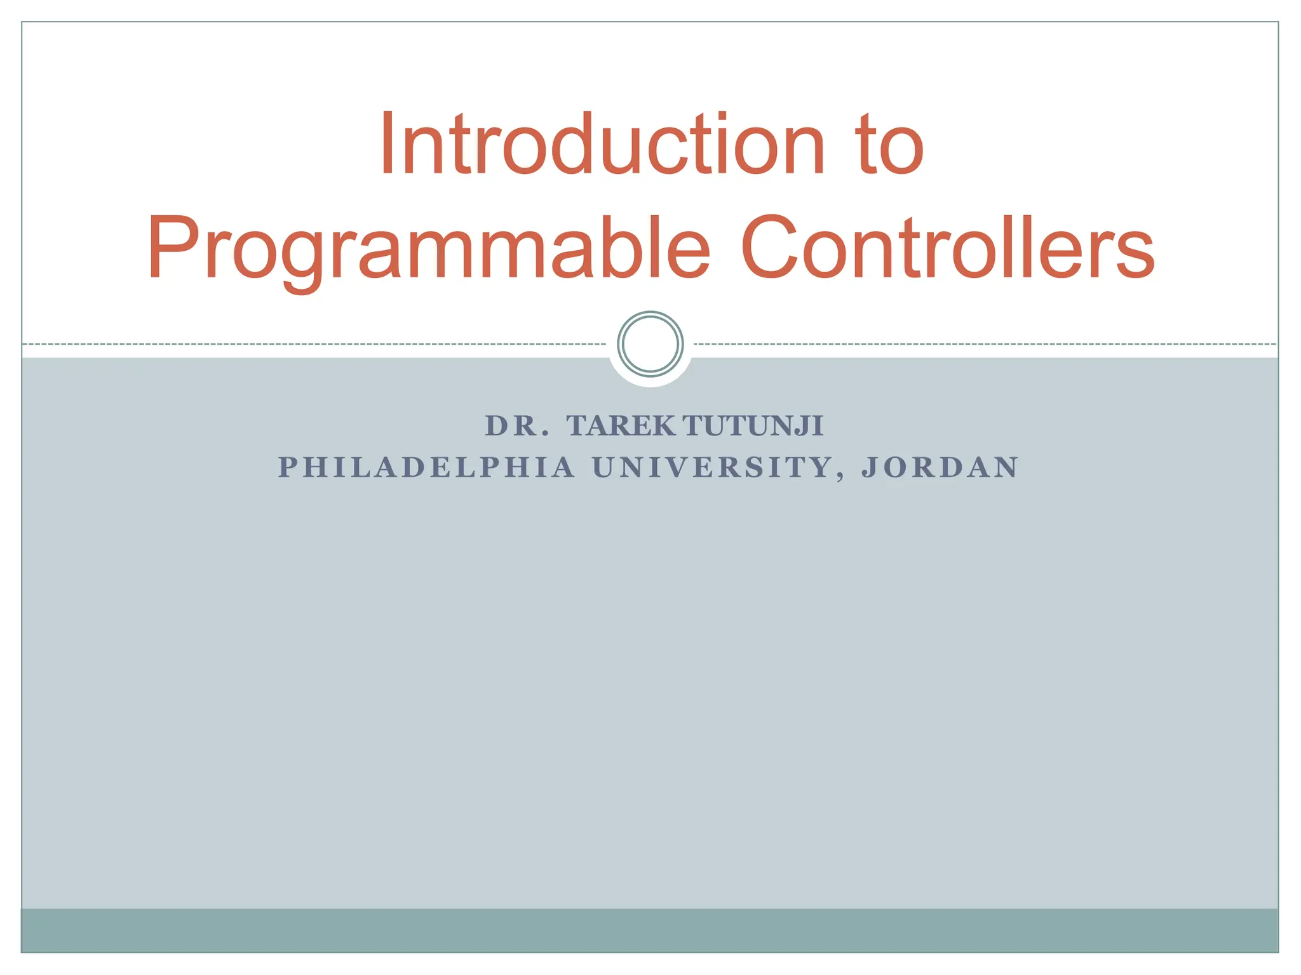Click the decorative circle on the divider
pos(650,344)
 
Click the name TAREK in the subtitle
pos(621,426)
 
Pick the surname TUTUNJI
pos(754,426)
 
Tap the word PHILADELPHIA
pos(426,468)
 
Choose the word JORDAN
pos(940,468)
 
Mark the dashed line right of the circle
pos(985,344)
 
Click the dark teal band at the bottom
pos(650,930)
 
